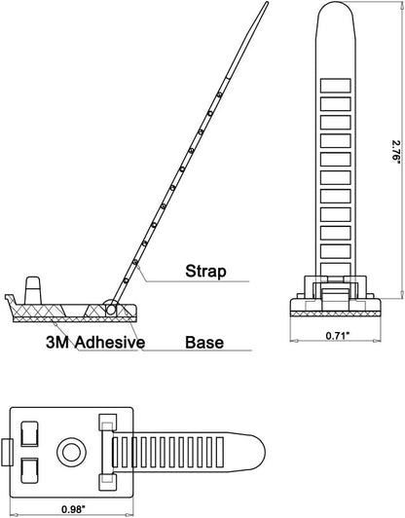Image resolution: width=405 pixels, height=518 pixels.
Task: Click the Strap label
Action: (x=205, y=272)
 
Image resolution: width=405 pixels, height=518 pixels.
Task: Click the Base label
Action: (x=204, y=343)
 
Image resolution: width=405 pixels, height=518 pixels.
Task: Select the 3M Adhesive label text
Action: (x=95, y=343)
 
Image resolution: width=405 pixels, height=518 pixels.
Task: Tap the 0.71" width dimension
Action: (x=338, y=336)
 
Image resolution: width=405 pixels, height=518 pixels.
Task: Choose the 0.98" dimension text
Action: (x=73, y=509)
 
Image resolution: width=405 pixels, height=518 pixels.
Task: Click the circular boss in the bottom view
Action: (x=72, y=452)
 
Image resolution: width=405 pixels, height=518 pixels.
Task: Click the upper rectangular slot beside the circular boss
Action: (x=30, y=434)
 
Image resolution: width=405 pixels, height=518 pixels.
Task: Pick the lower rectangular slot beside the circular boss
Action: (x=30, y=470)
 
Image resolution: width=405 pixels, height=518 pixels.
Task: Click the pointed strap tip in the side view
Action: (x=266, y=3)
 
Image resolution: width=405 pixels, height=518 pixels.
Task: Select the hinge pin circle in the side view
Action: (x=111, y=310)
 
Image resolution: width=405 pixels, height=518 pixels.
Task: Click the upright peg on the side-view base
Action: (x=33, y=290)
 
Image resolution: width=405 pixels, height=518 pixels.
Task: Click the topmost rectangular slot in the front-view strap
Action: (x=335, y=86)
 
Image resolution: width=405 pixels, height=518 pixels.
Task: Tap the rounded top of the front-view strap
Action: (x=337, y=10)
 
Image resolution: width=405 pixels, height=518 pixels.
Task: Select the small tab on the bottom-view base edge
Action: (x=7, y=452)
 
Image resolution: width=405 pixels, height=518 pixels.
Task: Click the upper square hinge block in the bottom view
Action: (x=108, y=422)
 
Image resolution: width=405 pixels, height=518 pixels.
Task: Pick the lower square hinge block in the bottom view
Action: (x=108, y=483)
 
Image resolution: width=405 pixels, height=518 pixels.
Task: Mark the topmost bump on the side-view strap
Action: (x=219, y=95)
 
